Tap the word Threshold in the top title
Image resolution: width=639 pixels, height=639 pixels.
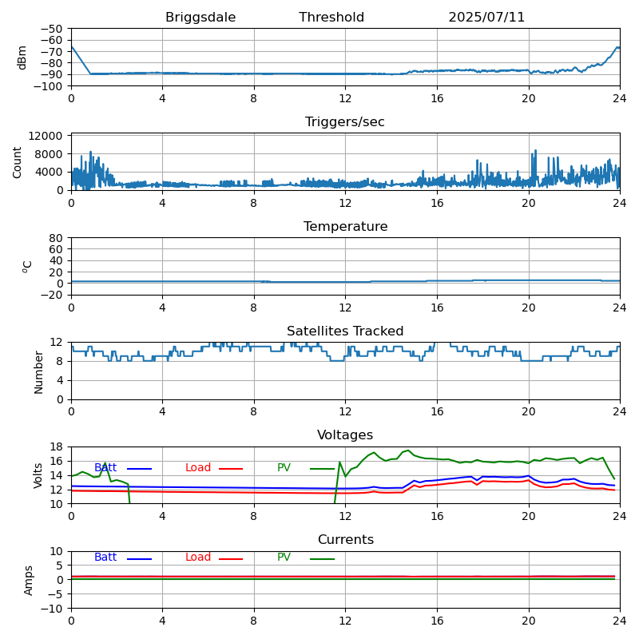coord(331,18)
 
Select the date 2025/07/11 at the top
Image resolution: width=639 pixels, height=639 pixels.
coord(486,18)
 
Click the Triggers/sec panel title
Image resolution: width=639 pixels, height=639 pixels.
coord(345,122)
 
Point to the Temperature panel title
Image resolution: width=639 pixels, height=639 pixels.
coord(345,227)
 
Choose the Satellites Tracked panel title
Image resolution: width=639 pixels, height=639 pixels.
coord(345,331)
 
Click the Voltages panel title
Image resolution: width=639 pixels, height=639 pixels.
coord(345,435)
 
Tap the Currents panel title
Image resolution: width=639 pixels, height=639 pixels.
coord(345,540)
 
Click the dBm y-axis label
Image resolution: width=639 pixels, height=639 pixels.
coord(22,58)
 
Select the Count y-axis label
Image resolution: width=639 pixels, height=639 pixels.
coord(18,161)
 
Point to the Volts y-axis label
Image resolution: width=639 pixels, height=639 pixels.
coord(38,475)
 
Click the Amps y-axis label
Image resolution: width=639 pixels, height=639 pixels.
coord(29,580)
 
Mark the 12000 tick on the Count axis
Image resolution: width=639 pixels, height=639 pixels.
coord(48,137)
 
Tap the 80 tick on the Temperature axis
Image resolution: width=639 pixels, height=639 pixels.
coord(57,238)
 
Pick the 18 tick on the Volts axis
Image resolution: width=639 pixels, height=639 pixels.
coord(57,447)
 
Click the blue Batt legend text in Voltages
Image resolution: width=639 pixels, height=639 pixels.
coord(105,468)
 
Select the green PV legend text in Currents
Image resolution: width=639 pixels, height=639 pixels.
coord(284,558)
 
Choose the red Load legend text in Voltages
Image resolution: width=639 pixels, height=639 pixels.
coord(198,468)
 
